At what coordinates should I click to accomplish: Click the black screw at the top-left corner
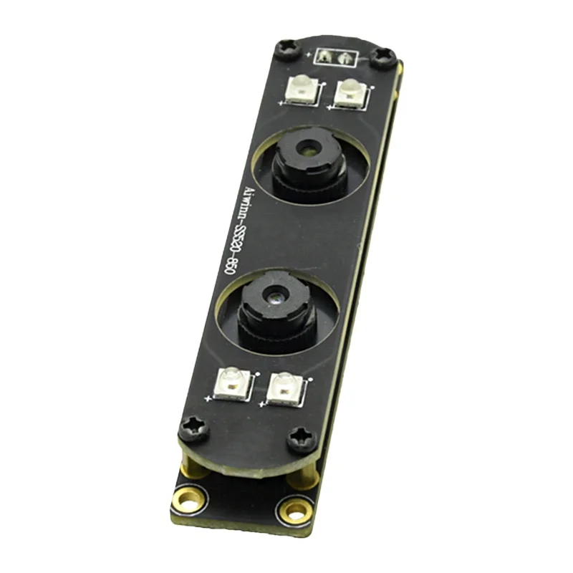[286, 49]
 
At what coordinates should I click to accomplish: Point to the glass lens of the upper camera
[308, 149]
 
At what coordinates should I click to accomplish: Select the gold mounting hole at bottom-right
[294, 511]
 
